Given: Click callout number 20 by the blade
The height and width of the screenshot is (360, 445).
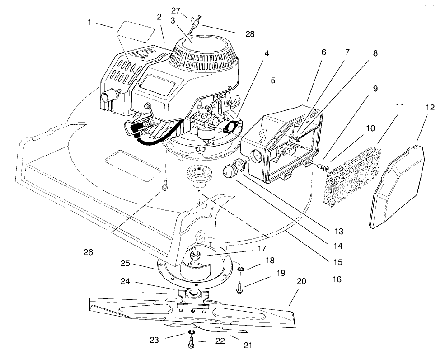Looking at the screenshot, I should point(301,281).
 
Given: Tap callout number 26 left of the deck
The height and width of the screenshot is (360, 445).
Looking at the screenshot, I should point(88,252).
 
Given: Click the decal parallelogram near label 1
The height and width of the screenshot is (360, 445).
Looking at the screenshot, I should point(134,33).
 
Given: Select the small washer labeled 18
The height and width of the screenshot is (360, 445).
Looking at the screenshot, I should point(241,270).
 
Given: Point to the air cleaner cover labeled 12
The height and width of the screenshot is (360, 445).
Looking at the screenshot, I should point(398,185).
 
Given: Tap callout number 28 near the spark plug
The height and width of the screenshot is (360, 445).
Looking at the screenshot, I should point(250,33).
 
